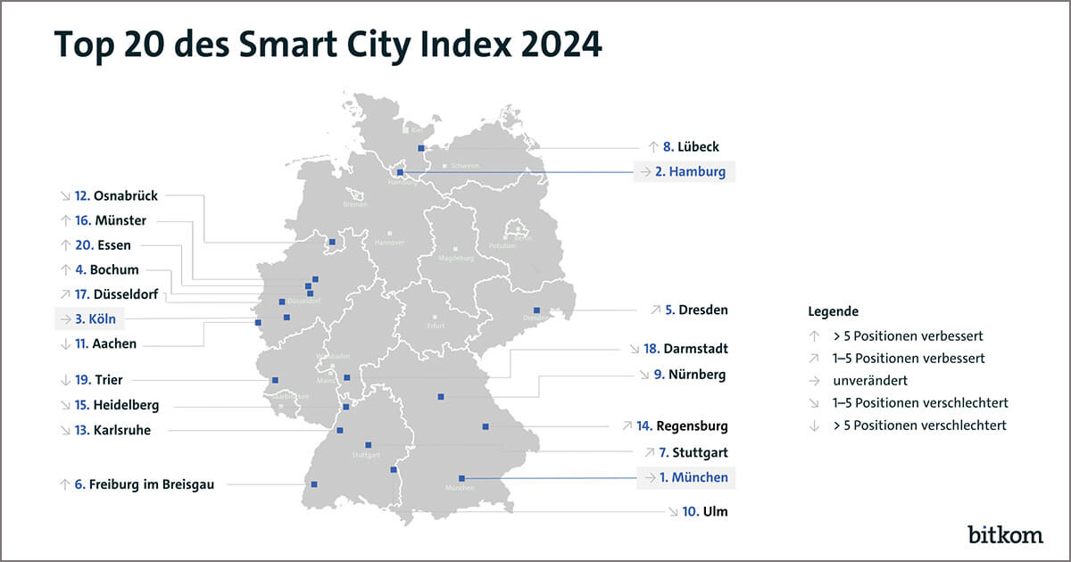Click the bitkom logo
tap(1005, 534)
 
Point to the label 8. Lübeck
tap(684, 146)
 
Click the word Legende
tap(834, 311)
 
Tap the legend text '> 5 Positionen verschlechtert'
tap(919, 426)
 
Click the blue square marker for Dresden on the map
tap(536, 310)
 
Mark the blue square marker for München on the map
tap(461, 478)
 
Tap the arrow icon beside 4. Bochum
tap(64, 269)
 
